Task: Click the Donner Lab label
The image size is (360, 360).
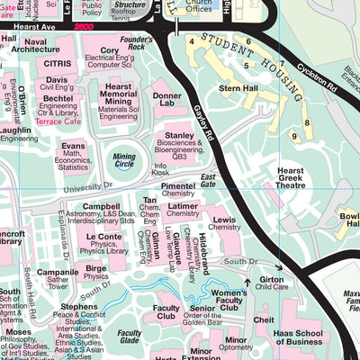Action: [167, 98]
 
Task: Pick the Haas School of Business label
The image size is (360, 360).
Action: [310, 337]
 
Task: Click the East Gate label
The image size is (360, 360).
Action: [210, 179]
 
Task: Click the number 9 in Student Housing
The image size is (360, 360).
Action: [293, 135]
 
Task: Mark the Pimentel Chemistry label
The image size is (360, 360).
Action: [178, 188]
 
